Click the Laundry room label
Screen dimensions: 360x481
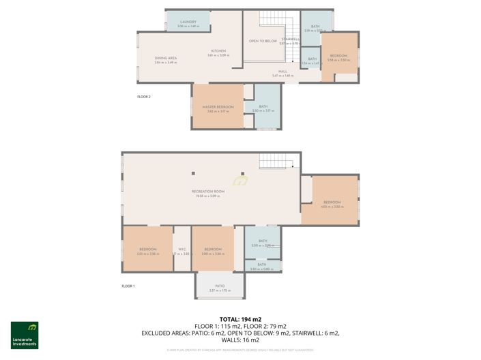(x=188, y=22)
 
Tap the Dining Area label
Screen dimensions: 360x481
(x=166, y=59)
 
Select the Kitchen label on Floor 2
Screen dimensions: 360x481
(x=218, y=52)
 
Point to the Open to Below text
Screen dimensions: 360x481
(x=263, y=41)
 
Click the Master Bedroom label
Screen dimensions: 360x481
(x=218, y=108)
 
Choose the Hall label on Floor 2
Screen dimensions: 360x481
(x=282, y=72)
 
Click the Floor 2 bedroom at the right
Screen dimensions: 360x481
(x=338, y=57)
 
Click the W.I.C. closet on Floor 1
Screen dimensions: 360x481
(x=182, y=250)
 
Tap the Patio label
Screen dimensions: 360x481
(x=220, y=287)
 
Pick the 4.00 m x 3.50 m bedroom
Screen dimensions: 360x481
(x=332, y=203)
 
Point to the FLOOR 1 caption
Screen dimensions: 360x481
(x=128, y=286)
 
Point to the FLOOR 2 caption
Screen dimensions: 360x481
(x=143, y=97)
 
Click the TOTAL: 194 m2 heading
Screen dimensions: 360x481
(x=240, y=319)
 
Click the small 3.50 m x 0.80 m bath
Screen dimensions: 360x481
(x=263, y=267)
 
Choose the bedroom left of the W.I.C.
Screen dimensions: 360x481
(x=147, y=250)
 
